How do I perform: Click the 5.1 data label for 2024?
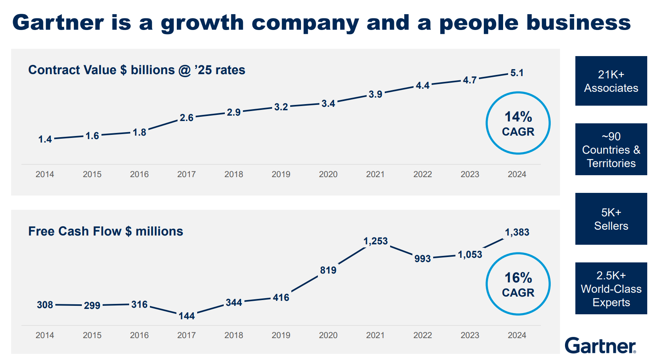click(517, 73)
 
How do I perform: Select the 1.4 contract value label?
click(45, 139)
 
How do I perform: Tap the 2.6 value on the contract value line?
click(186, 118)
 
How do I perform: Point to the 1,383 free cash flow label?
click(517, 232)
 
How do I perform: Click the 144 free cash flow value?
click(186, 316)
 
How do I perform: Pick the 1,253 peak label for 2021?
click(376, 241)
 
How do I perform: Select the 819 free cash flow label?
click(328, 270)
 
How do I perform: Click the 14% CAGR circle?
click(518, 123)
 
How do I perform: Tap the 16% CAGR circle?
click(518, 284)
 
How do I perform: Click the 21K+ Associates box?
click(611, 81)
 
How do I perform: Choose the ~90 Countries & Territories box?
click(611, 149)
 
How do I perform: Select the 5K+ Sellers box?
click(611, 219)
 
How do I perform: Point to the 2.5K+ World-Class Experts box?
click(611, 289)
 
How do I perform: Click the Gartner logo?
click(600, 345)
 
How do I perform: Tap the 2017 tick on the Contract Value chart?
click(186, 174)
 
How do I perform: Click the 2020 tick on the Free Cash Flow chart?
click(328, 335)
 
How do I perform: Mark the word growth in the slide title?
click(202, 23)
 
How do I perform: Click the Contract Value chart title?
click(136, 70)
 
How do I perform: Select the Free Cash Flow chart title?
click(106, 231)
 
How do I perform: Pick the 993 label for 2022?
click(422, 259)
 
